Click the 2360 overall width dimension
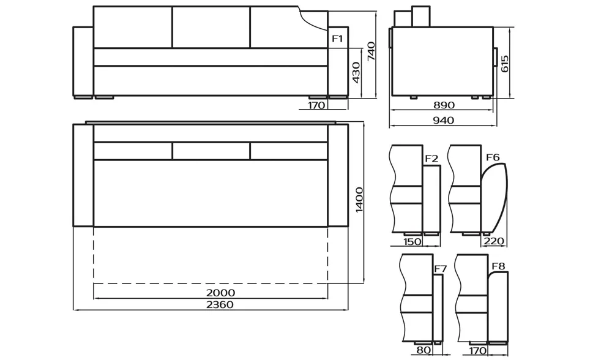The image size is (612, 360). [x=220, y=305]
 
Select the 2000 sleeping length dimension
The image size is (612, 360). [x=220, y=293]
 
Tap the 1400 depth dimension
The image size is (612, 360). [x=359, y=200]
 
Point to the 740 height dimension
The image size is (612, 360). [x=371, y=51]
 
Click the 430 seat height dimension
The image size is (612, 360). [x=356, y=73]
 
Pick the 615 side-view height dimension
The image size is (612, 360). [x=505, y=64]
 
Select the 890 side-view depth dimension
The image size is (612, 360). [x=444, y=105]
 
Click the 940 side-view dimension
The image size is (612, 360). [x=443, y=120]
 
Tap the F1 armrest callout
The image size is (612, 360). [x=337, y=38]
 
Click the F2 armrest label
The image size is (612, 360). [x=431, y=159]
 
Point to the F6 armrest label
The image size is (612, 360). [x=493, y=157]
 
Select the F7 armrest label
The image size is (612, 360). [x=440, y=269]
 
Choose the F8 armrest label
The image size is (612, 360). [x=498, y=266]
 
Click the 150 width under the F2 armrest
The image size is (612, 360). [x=412, y=242]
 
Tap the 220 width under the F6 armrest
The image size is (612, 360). [x=494, y=241]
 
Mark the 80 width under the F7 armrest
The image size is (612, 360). [x=423, y=350]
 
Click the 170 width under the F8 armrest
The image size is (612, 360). [x=477, y=351]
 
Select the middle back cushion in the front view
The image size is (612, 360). [x=211, y=28]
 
